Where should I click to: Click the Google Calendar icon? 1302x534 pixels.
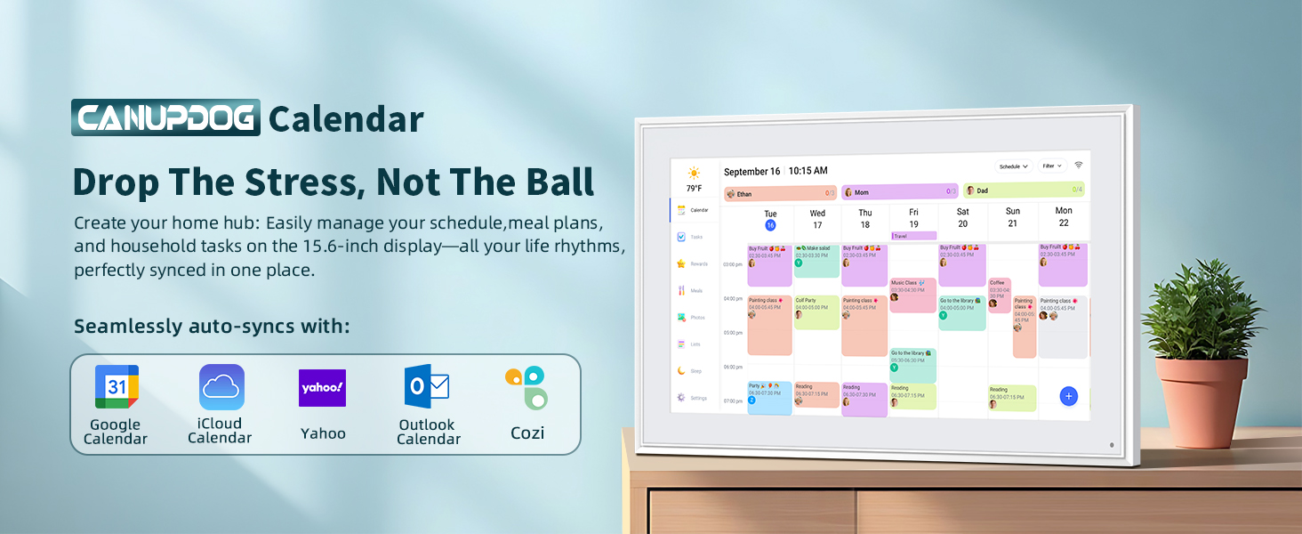[x=117, y=386]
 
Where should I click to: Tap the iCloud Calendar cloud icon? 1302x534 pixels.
[x=221, y=386]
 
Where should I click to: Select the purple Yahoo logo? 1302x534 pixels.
[x=322, y=388]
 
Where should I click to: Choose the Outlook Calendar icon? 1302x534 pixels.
[x=427, y=386]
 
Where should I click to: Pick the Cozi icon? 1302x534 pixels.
[x=526, y=388]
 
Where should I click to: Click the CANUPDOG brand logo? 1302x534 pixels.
[x=165, y=118]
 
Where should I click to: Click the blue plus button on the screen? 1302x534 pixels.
[x=1068, y=396]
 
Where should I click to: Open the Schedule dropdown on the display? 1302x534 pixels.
[x=1013, y=166]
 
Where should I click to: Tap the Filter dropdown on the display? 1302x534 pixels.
[x=1053, y=166]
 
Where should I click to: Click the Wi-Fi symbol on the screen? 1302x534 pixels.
[x=1079, y=166]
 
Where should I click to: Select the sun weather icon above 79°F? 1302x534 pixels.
[x=694, y=173]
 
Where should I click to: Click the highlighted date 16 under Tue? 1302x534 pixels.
[x=770, y=225]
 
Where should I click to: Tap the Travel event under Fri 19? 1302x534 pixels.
[x=913, y=236]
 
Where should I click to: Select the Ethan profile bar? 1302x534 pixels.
[x=780, y=192]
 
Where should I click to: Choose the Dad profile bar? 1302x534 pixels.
[x=1024, y=190]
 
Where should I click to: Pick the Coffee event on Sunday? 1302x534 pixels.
[x=999, y=295]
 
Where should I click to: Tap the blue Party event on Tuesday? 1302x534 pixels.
[x=769, y=398]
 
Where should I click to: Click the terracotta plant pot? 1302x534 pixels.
[x=1202, y=401]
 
